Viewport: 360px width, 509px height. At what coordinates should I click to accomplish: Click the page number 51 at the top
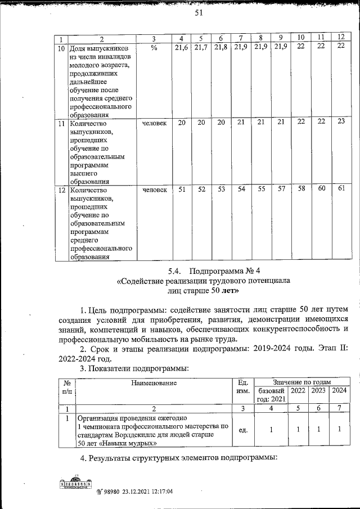point(198,13)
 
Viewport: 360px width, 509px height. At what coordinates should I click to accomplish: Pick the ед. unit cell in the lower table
point(244,430)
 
